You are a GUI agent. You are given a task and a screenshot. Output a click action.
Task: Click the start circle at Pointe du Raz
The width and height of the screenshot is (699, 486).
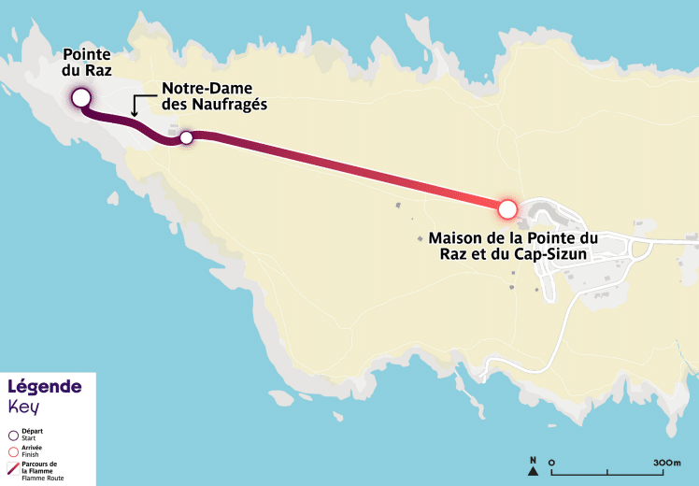pyautogui.click(x=80, y=97)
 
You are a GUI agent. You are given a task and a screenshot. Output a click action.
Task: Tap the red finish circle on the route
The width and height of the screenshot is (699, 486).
pyautogui.click(x=507, y=207)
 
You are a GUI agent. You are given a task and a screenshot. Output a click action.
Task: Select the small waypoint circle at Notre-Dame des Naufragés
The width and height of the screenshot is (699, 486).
pyautogui.click(x=186, y=137)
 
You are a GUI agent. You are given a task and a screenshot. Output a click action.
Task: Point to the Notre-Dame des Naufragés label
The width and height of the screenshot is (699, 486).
pyautogui.click(x=214, y=97)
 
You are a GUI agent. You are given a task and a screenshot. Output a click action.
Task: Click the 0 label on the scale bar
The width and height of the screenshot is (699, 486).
pyautogui.click(x=552, y=462)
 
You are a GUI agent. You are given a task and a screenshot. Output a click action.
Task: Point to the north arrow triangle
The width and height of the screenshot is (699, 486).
pyautogui.click(x=533, y=471)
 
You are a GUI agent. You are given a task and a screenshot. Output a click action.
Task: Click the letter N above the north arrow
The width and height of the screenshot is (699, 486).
pyautogui.click(x=533, y=460)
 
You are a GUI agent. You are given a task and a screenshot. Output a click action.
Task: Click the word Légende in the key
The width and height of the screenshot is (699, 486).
pyautogui.click(x=45, y=387)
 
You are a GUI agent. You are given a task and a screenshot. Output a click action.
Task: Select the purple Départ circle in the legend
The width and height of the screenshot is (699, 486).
pyautogui.click(x=13, y=435)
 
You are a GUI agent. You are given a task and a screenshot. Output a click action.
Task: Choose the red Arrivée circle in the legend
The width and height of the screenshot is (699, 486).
pyautogui.click(x=13, y=451)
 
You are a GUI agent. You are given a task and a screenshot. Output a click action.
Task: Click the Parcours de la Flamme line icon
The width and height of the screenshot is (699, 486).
pyautogui.click(x=13, y=468)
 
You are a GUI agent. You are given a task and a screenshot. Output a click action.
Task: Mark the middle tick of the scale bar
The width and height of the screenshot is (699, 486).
pyautogui.click(x=607, y=472)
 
